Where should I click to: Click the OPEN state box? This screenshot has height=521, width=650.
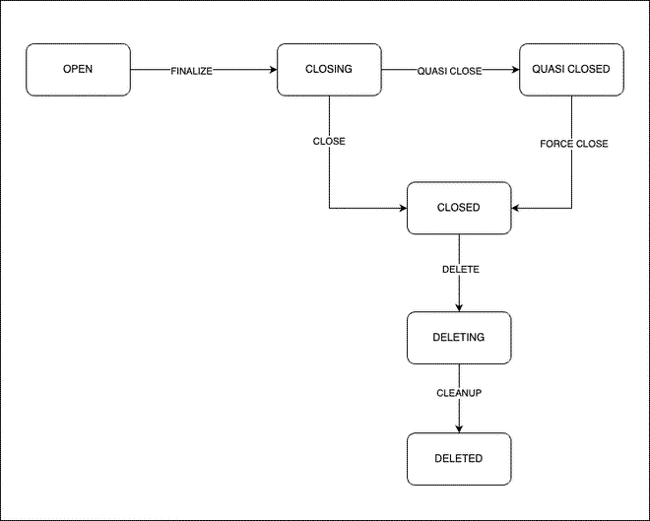78,70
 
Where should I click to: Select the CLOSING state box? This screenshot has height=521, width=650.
329,70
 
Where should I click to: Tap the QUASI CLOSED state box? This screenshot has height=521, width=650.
571,70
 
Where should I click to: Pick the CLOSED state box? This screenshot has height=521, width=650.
459,208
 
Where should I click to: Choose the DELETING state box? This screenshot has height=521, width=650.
459,338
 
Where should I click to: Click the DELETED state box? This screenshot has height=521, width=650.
459,459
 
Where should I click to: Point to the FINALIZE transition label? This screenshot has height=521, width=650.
192,71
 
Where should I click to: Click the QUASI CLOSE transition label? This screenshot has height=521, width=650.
450,71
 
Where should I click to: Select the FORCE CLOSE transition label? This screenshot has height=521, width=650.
573,144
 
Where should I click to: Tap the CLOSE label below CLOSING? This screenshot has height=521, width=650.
329,141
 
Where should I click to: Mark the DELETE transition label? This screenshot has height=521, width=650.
460,269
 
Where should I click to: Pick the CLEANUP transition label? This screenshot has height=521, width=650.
459,393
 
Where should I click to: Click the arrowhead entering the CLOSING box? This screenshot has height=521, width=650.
273,70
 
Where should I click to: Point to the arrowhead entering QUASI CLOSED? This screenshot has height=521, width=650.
515,70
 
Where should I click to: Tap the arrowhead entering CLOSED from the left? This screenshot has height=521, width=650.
403,208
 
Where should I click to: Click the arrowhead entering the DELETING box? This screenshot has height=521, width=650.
459,308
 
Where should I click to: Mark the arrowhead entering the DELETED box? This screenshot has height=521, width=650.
459,428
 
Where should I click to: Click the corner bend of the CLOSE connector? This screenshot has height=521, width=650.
329,208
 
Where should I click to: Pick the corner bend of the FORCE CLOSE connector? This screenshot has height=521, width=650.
571,208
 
